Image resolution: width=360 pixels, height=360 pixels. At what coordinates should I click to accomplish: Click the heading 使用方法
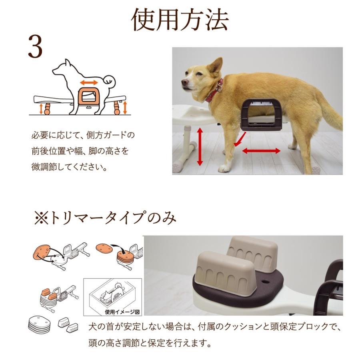click(180, 20)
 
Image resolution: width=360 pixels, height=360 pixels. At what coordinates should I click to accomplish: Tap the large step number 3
click(35, 47)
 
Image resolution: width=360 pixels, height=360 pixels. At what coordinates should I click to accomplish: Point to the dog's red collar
click(216, 92)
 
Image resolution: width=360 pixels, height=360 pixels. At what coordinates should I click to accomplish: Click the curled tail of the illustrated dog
click(109, 82)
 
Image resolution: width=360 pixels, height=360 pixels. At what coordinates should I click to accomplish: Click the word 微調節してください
click(68, 167)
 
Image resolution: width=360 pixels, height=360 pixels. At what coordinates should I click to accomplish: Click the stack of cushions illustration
click(39, 323)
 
